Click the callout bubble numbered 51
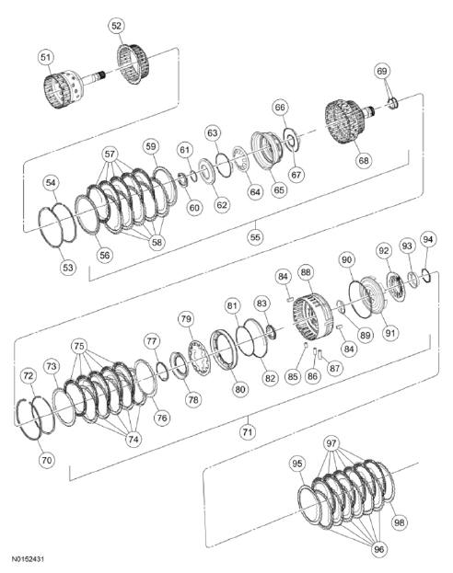click(x=44, y=57)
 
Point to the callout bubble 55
click(x=256, y=235)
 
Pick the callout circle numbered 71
click(x=247, y=430)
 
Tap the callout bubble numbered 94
click(x=427, y=239)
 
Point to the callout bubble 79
click(x=186, y=319)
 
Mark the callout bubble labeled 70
click(x=47, y=458)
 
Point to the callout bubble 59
click(x=151, y=146)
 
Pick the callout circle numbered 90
click(x=346, y=259)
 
